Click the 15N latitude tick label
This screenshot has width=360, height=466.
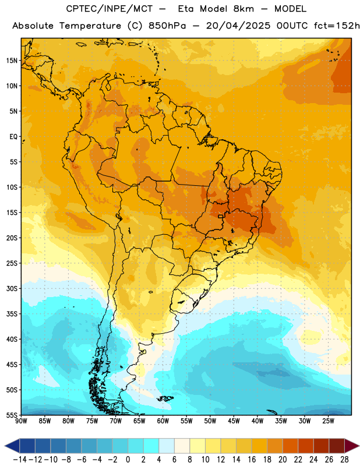tap(12, 61)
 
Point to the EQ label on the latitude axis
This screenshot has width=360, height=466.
tap(13, 137)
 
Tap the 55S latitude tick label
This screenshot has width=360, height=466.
tap(12, 415)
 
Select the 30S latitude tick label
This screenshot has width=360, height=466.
tap(12, 288)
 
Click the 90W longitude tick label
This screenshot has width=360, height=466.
tap(21, 421)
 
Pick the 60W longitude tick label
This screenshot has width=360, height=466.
tap(163, 421)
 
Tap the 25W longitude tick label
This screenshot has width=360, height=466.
tap(328, 421)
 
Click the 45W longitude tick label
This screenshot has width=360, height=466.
tap(234, 421)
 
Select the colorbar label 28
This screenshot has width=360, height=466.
tap(344, 460)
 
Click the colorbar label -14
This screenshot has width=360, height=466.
tap(20, 460)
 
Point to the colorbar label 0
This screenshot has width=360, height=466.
tap(128, 460)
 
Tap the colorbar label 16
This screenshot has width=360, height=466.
tap(252, 460)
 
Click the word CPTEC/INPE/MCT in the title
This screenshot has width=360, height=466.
tap(109, 9)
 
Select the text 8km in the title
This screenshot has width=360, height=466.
tap(243, 9)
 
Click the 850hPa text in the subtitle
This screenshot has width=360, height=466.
tap(167, 26)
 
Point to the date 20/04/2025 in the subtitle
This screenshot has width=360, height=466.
tap(238, 26)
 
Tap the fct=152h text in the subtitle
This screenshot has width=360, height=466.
tap(337, 26)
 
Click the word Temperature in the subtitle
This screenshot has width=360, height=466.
tap(90, 26)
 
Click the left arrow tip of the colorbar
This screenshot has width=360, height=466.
tap(5, 446)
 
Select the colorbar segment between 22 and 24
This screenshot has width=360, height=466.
tap(306, 446)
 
